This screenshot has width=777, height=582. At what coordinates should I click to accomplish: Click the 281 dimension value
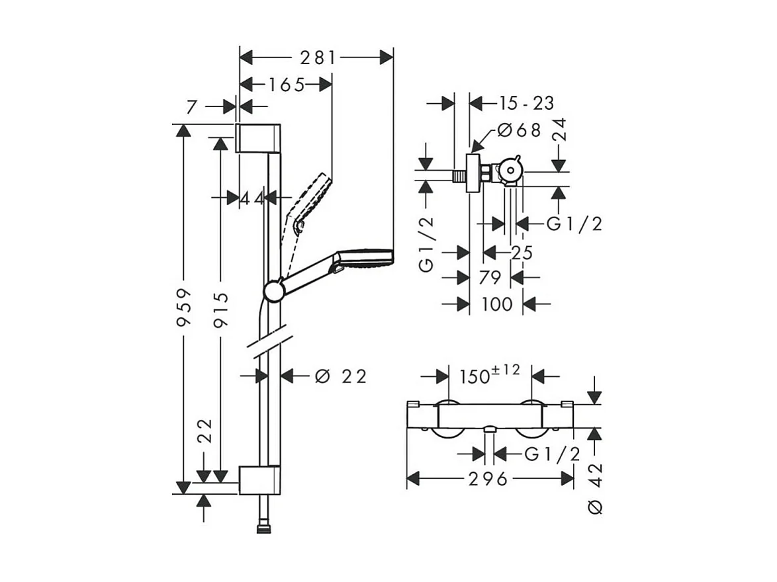(318, 58)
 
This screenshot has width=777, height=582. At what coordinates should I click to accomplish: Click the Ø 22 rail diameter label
(340, 376)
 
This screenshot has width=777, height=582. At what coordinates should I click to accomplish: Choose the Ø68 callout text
(519, 131)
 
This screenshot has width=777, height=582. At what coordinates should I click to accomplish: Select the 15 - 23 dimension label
(527, 103)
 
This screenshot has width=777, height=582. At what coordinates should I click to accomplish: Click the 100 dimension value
(497, 304)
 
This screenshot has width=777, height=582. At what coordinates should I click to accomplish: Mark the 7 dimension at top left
(192, 106)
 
